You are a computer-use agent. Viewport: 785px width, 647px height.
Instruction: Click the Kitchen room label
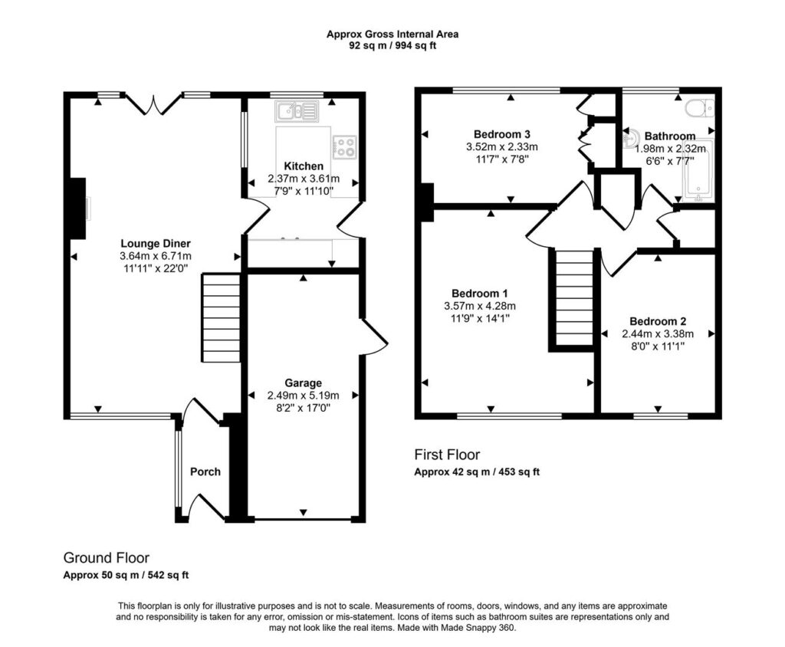tap(304, 166)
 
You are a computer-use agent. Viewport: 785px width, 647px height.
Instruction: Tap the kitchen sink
tap(297, 112)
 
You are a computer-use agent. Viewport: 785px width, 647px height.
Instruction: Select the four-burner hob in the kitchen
tap(344, 147)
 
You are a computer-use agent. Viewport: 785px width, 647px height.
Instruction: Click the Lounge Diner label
tap(156, 244)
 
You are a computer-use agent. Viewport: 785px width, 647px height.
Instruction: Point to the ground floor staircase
tap(221, 317)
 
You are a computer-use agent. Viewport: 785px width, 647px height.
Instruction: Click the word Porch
tap(205, 471)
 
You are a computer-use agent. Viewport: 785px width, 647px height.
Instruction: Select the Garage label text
tap(304, 383)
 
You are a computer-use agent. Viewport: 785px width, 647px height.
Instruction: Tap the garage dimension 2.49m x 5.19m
tap(304, 396)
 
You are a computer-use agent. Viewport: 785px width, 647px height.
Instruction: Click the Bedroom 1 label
tap(480, 294)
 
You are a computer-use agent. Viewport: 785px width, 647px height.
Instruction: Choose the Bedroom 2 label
tap(658, 321)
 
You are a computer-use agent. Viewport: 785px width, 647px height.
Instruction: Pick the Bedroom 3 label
tap(501, 134)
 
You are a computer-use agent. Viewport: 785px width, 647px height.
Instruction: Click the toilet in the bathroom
tap(700, 108)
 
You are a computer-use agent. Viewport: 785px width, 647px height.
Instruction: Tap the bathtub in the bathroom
tap(699, 170)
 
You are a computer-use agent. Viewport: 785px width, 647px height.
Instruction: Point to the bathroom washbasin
tap(630, 139)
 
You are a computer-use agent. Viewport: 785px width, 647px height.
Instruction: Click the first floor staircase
tap(573, 298)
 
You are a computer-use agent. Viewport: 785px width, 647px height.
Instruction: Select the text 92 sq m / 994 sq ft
tap(392, 46)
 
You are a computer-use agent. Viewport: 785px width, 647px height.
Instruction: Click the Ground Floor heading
tap(106, 558)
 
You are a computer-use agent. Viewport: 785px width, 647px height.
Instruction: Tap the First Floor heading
tap(447, 455)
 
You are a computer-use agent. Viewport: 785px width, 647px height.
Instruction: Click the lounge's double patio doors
tap(153, 104)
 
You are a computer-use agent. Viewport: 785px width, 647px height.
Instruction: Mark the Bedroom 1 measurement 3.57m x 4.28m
tap(480, 306)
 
